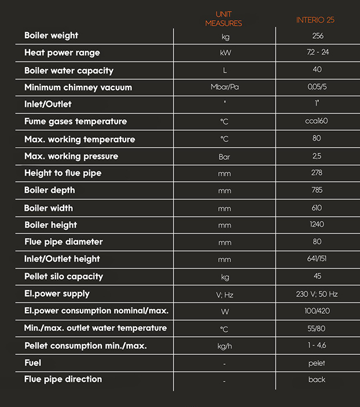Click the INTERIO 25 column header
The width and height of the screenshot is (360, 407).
coord(316,20)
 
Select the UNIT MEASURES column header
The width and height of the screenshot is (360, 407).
coord(223,19)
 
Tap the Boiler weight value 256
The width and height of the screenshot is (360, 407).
coord(317,36)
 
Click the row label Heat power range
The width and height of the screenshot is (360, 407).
coord(62,53)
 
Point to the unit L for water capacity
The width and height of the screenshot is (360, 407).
coord(225,71)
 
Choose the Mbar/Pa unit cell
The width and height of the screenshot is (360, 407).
coord(225,87)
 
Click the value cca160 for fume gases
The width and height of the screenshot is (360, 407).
coord(317,122)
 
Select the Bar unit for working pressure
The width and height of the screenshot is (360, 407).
coord(225,156)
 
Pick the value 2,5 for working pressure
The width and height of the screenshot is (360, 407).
coord(317,156)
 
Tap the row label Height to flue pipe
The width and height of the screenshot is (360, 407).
coord(63,173)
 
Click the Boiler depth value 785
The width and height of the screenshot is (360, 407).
coord(317,190)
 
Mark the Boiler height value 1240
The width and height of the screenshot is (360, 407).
coord(317,225)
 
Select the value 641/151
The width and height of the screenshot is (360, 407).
coord(317,259)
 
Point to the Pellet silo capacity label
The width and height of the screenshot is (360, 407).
coord(64,276)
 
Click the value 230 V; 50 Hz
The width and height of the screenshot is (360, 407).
coord(317,294)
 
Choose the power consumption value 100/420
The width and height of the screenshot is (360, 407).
coord(317,311)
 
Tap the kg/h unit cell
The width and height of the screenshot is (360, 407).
coord(225,346)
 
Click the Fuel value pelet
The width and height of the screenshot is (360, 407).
coord(317,363)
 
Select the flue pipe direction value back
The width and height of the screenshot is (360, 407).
coord(317,380)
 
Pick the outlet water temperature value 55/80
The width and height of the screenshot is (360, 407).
coord(317,328)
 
